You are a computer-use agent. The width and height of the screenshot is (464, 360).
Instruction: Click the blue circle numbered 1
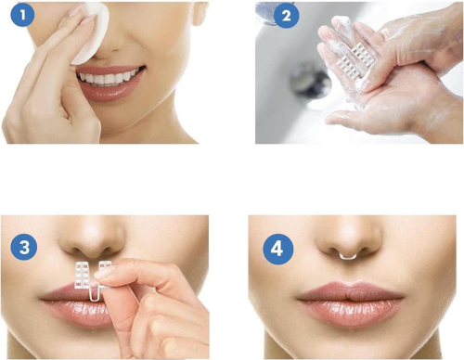(22, 15)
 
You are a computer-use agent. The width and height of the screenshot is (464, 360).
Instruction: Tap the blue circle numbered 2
(287, 16)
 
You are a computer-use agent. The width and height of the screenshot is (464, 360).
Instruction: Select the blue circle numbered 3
(24, 248)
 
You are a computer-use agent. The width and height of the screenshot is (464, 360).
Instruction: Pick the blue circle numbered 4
(277, 249)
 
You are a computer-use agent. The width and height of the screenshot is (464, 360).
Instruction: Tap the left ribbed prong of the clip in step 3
(81, 275)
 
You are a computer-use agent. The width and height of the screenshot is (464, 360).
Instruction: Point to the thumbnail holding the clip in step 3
(104, 272)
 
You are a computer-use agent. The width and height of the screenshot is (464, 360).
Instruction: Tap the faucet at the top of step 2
(266, 12)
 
